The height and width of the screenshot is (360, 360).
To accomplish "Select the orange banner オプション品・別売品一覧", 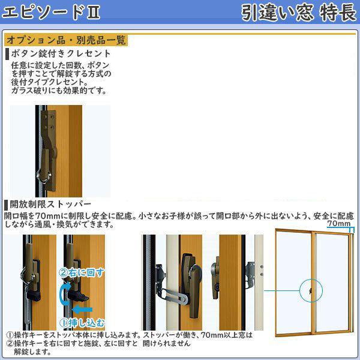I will (65, 41).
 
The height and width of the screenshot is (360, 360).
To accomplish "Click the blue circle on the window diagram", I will (310, 290).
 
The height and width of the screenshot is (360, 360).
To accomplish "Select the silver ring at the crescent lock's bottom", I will (43, 177).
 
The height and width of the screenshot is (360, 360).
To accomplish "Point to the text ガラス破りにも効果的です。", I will (58, 91).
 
